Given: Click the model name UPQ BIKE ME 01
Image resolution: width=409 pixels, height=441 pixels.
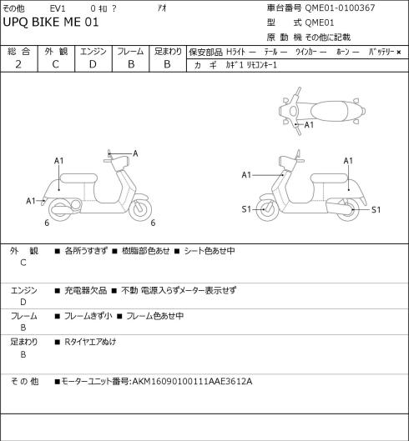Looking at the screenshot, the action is coord(51,23).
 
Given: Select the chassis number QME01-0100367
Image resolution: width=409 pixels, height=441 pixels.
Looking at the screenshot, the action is coord(340,8).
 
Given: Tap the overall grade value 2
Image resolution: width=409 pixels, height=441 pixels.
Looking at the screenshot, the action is coord(18,64).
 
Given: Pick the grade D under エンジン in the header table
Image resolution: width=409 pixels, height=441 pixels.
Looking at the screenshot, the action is coord(93,64).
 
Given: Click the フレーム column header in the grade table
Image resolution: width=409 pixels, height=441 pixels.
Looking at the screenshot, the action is coord(130,52).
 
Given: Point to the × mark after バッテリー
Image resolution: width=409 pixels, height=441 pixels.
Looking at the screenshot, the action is coord(399,52).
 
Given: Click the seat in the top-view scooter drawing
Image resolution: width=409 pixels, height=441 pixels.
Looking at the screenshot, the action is coord(336,111).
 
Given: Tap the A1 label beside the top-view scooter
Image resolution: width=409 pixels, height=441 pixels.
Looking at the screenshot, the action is coord(309,124).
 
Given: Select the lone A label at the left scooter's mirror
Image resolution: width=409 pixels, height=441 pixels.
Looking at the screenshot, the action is coord(135,153).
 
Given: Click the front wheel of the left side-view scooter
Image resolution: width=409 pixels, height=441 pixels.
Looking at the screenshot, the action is coord(140,209).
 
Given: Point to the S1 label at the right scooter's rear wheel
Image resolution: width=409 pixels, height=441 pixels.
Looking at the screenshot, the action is coord(376,210).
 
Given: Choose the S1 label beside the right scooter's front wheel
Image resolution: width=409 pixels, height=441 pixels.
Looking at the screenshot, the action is coord(246,209).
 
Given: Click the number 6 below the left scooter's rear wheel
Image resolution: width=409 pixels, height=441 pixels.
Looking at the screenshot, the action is coord(47,223).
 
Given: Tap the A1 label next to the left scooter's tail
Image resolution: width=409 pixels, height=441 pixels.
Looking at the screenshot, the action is coord(31,201).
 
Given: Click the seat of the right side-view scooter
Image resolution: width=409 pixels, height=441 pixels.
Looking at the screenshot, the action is coord(329,178).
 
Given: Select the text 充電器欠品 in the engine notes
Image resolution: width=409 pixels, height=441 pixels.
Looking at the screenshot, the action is coord(86,290).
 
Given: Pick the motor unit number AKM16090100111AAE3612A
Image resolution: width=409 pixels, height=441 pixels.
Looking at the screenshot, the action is coord(192,382).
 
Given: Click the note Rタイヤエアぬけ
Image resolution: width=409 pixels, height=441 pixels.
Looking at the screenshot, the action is coord(90,342).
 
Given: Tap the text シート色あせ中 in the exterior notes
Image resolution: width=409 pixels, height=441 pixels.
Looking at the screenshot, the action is coord(210,251).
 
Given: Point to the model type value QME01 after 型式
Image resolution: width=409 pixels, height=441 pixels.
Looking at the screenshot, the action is coord(320,23).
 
